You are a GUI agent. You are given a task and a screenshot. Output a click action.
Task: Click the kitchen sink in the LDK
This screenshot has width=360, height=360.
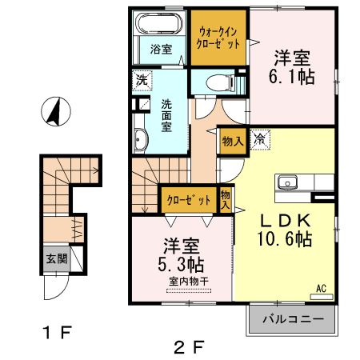tap(287, 182)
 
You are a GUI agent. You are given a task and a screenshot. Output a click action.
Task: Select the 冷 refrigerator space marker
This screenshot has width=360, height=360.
tap(259, 139)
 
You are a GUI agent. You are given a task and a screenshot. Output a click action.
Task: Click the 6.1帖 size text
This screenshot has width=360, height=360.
tap(291, 77)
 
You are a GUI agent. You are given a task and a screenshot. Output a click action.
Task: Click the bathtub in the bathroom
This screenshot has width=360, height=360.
tap(159, 24)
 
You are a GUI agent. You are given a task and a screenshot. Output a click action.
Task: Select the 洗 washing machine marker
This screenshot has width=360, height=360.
tap(141, 80)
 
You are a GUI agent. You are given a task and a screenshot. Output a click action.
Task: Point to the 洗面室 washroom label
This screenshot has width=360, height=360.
tap(166, 114)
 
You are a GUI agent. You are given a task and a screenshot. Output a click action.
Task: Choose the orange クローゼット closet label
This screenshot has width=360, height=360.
tap(189, 199)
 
